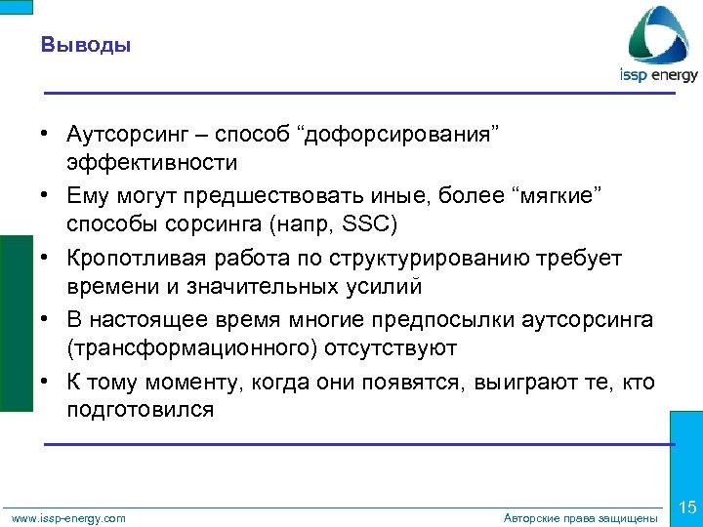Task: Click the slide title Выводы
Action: [87, 45]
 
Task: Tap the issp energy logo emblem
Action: [658, 35]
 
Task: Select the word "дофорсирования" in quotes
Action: [401, 133]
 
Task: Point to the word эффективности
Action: [151, 161]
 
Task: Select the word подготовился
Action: [140, 410]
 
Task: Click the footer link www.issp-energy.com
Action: [68, 518]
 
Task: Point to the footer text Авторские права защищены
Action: [580, 518]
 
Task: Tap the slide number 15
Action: [686, 507]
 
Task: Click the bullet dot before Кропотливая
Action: [46, 259]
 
